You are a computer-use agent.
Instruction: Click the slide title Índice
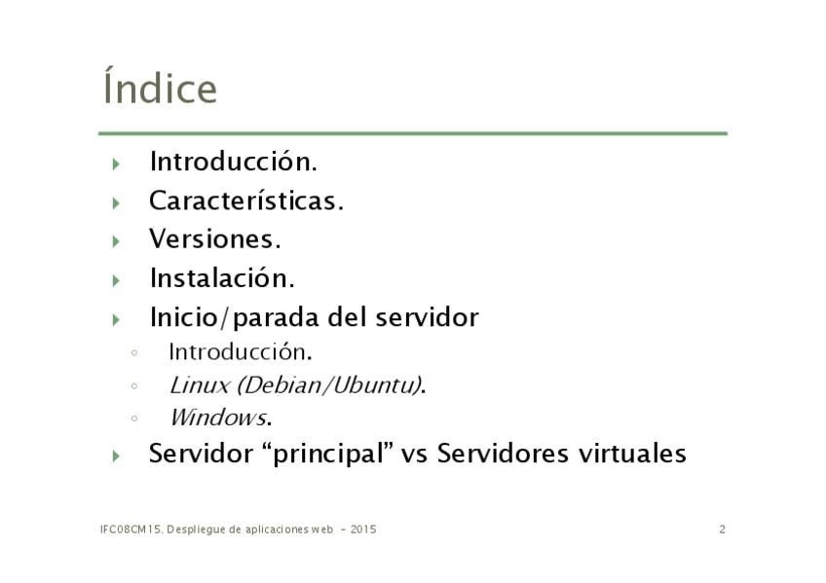pyautogui.click(x=160, y=86)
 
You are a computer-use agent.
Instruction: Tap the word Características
pyautogui.click(x=246, y=201)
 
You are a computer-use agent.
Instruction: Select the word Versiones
pyautogui.click(x=215, y=239)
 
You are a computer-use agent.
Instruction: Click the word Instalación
pyautogui.click(x=222, y=277)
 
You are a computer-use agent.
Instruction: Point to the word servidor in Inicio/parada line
pyautogui.click(x=427, y=317)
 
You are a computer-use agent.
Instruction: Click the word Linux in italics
pyautogui.click(x=199, y=385)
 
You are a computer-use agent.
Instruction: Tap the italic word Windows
pyautogui.click(x=217, y=418)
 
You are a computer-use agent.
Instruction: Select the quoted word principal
pyautogui.click(x=327, y=455)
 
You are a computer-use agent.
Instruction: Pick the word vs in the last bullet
pyautogui.click(x=414, y=455)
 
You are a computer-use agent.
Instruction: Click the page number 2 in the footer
pyautogui.click(x=722, y=529)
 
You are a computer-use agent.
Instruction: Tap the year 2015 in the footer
pyautogui.click(x=363, y=529)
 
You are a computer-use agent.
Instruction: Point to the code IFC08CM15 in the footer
pyautogui.click(x=131, y=529)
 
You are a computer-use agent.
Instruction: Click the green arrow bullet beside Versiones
pyautogui.click(x=116, y=241)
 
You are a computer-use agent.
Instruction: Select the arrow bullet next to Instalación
pyautogui.click(x=116, y=280)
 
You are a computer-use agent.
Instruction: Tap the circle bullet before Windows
pyautogui.click(x=134, y=419)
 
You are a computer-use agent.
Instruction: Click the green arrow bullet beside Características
pyautogui.click(x=116, y=203)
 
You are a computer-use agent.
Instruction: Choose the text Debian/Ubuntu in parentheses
pyautogui.click(x=327, y=385)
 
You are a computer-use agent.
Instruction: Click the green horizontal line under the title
pyautogui.click(x=413, y=133)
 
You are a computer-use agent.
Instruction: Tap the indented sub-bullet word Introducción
pyautogui.click(x=241, y=352)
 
